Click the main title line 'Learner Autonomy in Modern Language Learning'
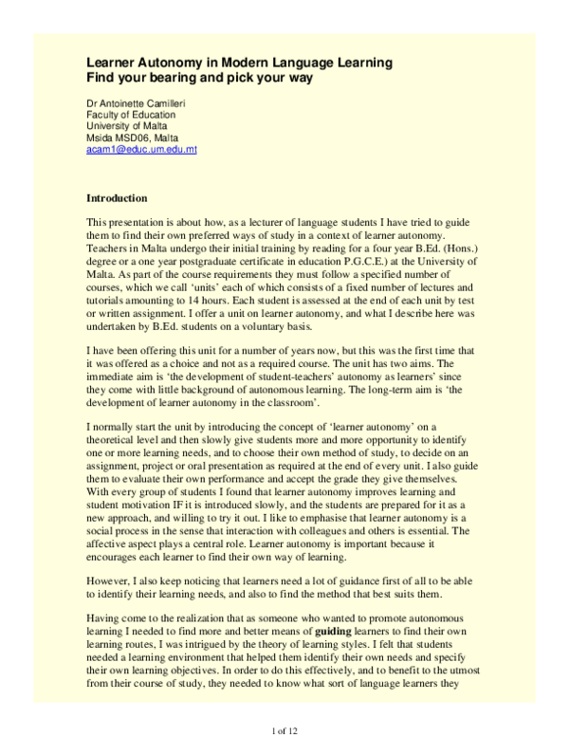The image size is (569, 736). [238, 63]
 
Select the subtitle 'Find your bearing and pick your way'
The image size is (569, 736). [200, 78]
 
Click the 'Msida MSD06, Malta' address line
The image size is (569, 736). [133, 138]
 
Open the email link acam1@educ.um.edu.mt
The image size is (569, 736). [141, 150]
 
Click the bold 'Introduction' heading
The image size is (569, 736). [117, 198]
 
